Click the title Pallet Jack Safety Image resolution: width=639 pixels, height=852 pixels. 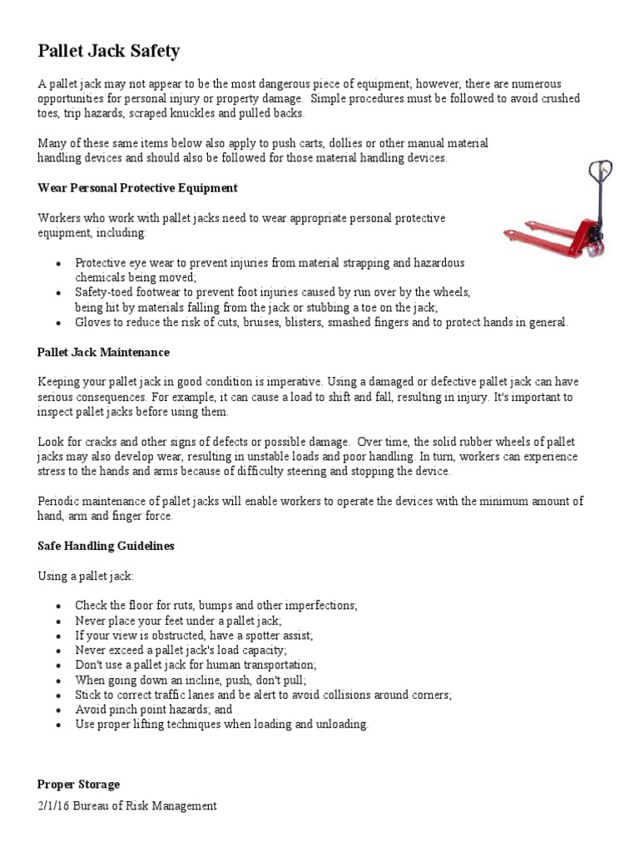coord(108,52)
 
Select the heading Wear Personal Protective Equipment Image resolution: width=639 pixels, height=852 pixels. coord(137,188)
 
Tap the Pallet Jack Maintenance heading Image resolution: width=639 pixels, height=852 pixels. coord(103,353)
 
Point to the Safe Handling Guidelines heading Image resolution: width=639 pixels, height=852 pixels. coord(106,547)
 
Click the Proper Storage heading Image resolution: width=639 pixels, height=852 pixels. coord(78,785)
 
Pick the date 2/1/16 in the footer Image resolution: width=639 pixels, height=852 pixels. coord(54,805)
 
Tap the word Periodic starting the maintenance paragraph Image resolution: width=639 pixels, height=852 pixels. coord(57,501)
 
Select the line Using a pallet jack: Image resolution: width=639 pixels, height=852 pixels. coord(85,576)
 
